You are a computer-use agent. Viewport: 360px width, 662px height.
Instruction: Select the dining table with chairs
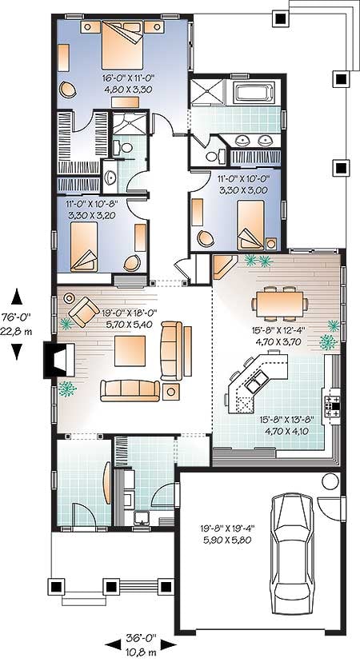(280, 303)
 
